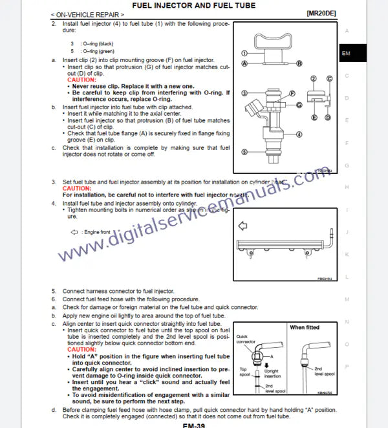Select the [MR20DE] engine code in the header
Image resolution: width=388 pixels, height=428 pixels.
tap(321, 13)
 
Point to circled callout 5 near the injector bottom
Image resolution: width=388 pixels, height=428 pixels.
tap(244, 151)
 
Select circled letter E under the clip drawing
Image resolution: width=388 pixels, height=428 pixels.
tap(313, 118)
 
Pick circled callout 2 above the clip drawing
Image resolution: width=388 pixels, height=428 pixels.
tap(313, 78)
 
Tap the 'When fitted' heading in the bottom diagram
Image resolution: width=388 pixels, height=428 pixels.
tap(305, 328)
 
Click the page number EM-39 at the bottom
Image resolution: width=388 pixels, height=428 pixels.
tap(193, 425)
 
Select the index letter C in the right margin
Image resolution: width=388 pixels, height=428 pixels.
tap(347, 76)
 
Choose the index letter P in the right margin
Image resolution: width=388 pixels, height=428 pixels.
tap(347, 366)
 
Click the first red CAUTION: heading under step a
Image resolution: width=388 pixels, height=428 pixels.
tap(81, 80)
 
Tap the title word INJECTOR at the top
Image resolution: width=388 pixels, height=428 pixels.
tap(177, 5)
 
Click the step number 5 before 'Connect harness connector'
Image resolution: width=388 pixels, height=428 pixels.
tap(54, 292)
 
